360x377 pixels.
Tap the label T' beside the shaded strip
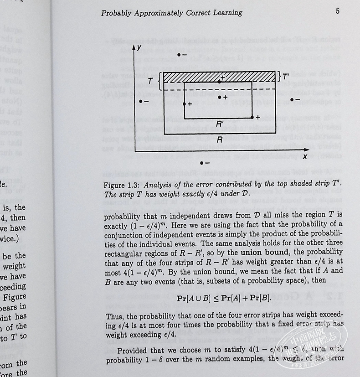[286, 77]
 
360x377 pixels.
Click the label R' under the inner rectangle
[219, 124]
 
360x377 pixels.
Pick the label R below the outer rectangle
[220, 139]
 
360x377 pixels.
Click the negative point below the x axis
[201, 162]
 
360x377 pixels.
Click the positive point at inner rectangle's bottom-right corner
[252, 118]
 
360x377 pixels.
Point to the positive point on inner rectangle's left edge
[184, 104]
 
